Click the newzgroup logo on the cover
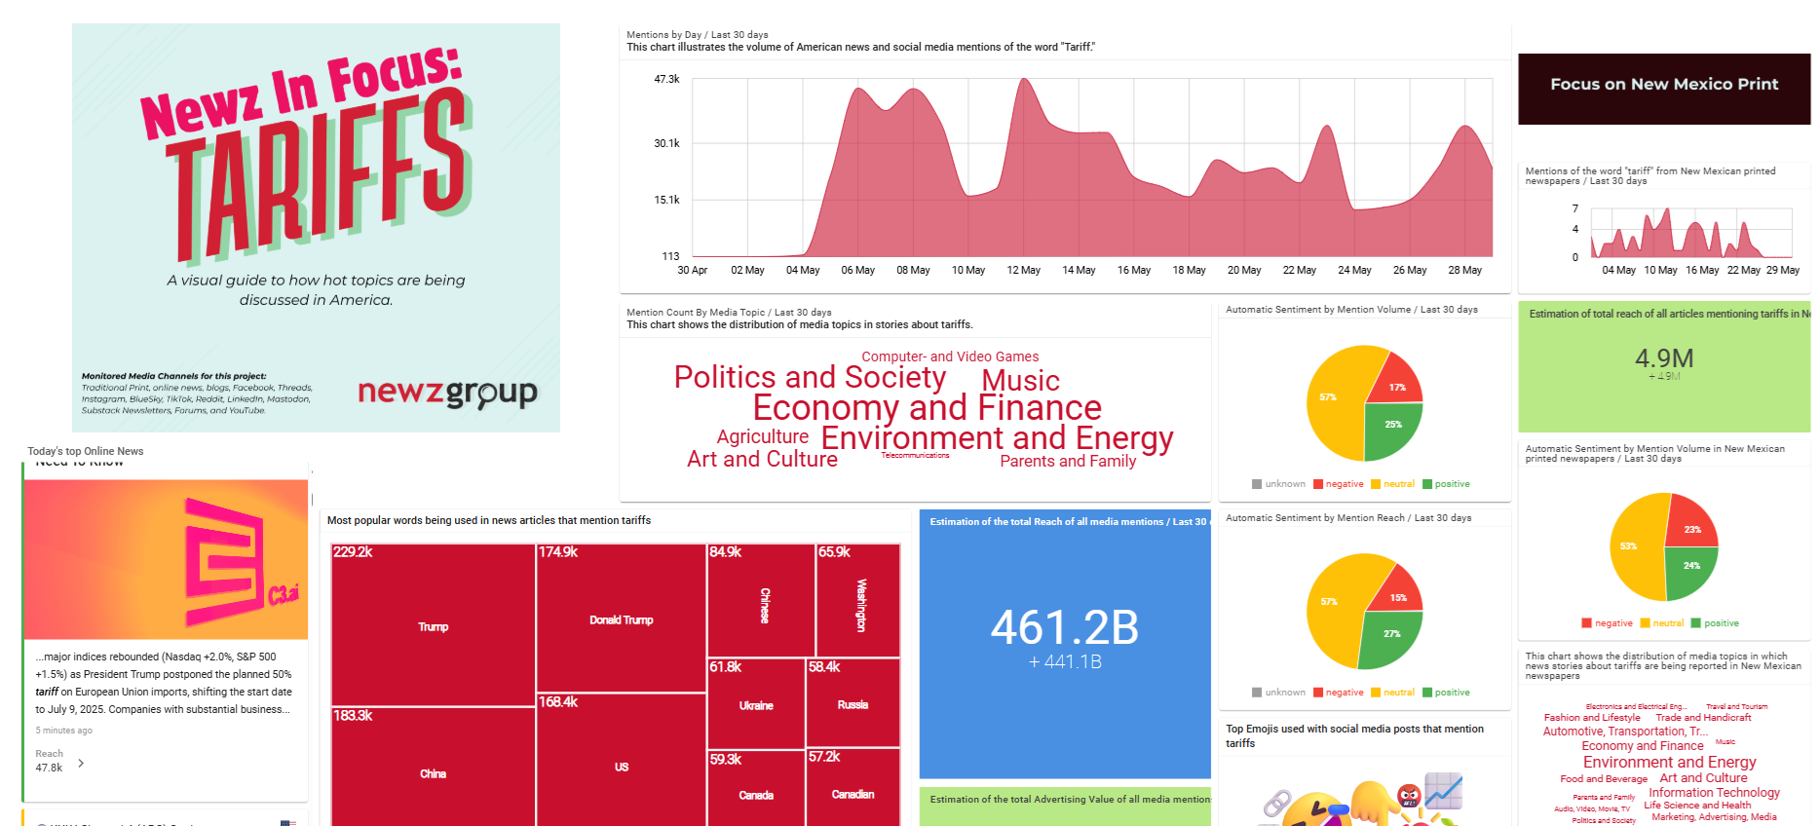(447, 393)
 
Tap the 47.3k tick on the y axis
(666, 79)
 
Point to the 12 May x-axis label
(1023, 270)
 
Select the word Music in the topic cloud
(1020, 380)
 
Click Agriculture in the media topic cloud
(762, 436)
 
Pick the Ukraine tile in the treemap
(756, 705)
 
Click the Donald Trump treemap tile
(621, 619)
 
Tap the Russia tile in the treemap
(853, 704)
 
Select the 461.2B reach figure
(1064, 627)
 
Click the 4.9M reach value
(1664, 358)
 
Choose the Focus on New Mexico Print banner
(1664, 85)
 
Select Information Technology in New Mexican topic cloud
(1714, 792)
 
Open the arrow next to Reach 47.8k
(81, 763)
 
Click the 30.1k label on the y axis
(666, 143)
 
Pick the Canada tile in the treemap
(756, 795)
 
